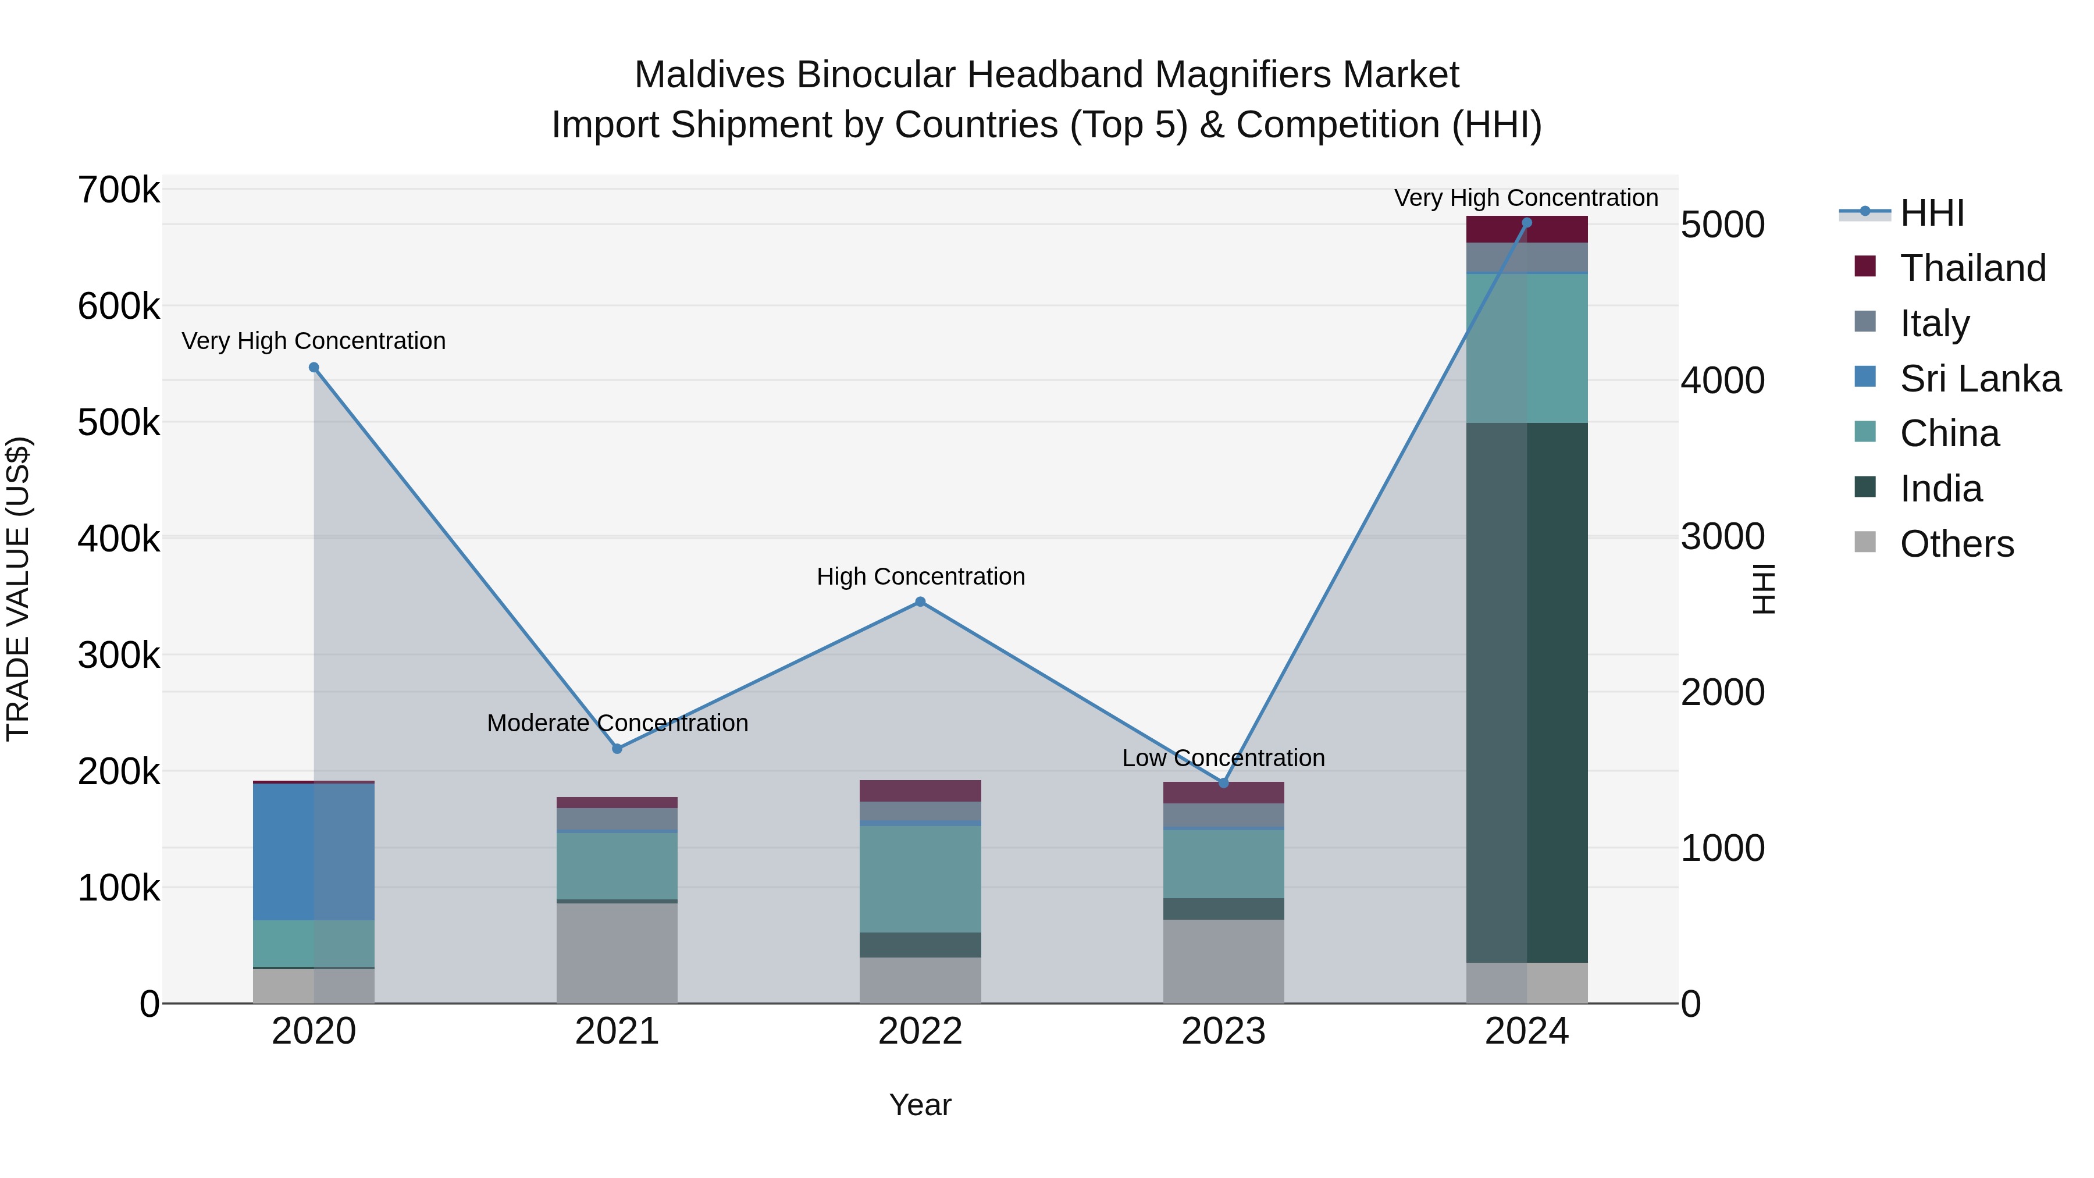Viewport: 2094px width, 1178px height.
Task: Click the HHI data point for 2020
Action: coord(314,368)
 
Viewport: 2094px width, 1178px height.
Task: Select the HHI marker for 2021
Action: coord(617,749)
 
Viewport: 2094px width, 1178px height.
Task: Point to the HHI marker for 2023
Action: coord(1223,783)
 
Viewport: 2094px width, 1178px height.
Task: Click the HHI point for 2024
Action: coord(1527,223)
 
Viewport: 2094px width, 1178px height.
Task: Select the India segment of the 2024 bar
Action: coord(1527,691)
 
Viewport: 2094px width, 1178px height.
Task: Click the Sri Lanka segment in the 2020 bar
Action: coord(314,852)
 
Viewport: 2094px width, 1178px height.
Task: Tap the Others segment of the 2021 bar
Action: coord(617,953)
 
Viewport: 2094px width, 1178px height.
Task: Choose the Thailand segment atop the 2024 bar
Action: coord(1527,230)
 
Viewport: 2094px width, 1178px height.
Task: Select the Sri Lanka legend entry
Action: coord(1979,379)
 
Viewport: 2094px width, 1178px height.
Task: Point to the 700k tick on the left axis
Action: coord(119,190)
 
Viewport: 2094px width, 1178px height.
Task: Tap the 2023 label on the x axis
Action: coord(1223,1031)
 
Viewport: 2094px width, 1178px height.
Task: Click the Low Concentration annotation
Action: coord(1223,757)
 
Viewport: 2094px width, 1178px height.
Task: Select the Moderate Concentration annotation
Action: coord(617,723)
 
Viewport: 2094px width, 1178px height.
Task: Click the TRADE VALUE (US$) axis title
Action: coord(18,589)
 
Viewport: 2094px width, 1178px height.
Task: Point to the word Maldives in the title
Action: coord(710,75)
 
